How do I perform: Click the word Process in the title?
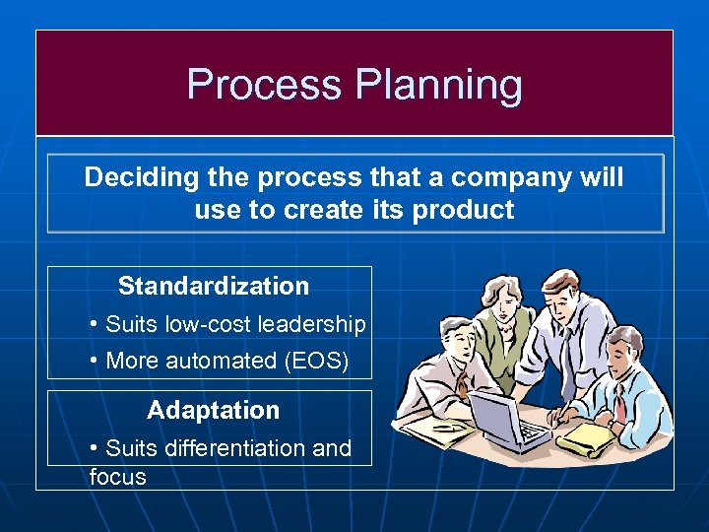[264, 85]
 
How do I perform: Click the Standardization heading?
[213, 287]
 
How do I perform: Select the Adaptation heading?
[213, 410]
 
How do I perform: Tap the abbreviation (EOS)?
[315, 361]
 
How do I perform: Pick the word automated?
[214, 361]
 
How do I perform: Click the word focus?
[116, 478]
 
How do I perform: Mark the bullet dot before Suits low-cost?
[93, 324]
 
